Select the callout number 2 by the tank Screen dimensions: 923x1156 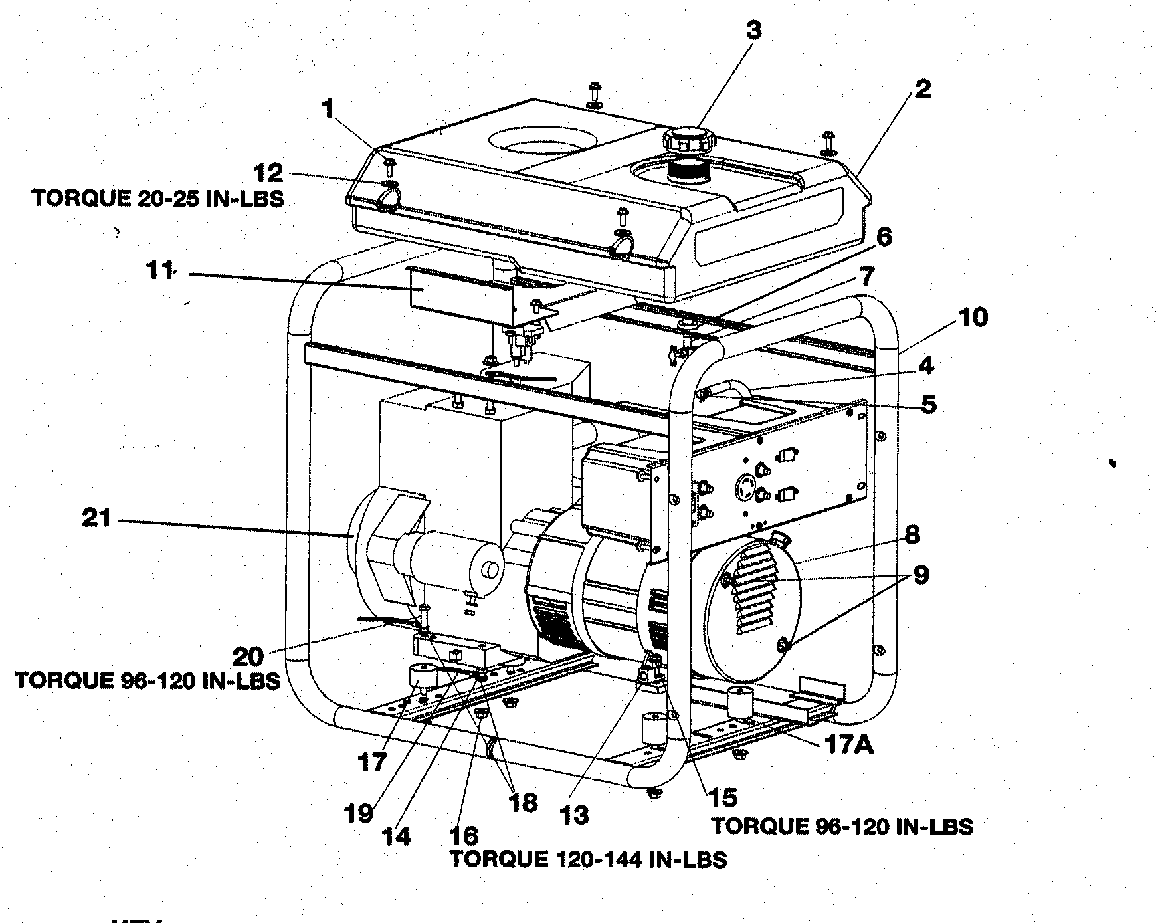click(x=922, y=89)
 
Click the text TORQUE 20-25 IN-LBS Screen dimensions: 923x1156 click(x=157, y=199)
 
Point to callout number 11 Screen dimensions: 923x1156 click(x=159, y=271)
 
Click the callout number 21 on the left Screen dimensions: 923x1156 click(x=96, y=518)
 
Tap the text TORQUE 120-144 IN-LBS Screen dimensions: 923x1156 click(x=588, y=859)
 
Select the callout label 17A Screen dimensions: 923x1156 click(x=849, y=744)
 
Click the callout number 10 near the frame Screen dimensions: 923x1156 click(x=973, y=318)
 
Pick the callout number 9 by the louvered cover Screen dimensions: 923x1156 click(x=920, y=575)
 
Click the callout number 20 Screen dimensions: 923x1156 click(x=248, y=657)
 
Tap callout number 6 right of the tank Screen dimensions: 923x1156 click(x=884, y=237)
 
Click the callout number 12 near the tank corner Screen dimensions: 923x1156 click(x=268, y=174)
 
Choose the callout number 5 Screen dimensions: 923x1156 click(x=928, y=404)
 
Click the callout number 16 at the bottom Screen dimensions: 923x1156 click(x=462, y=835)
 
